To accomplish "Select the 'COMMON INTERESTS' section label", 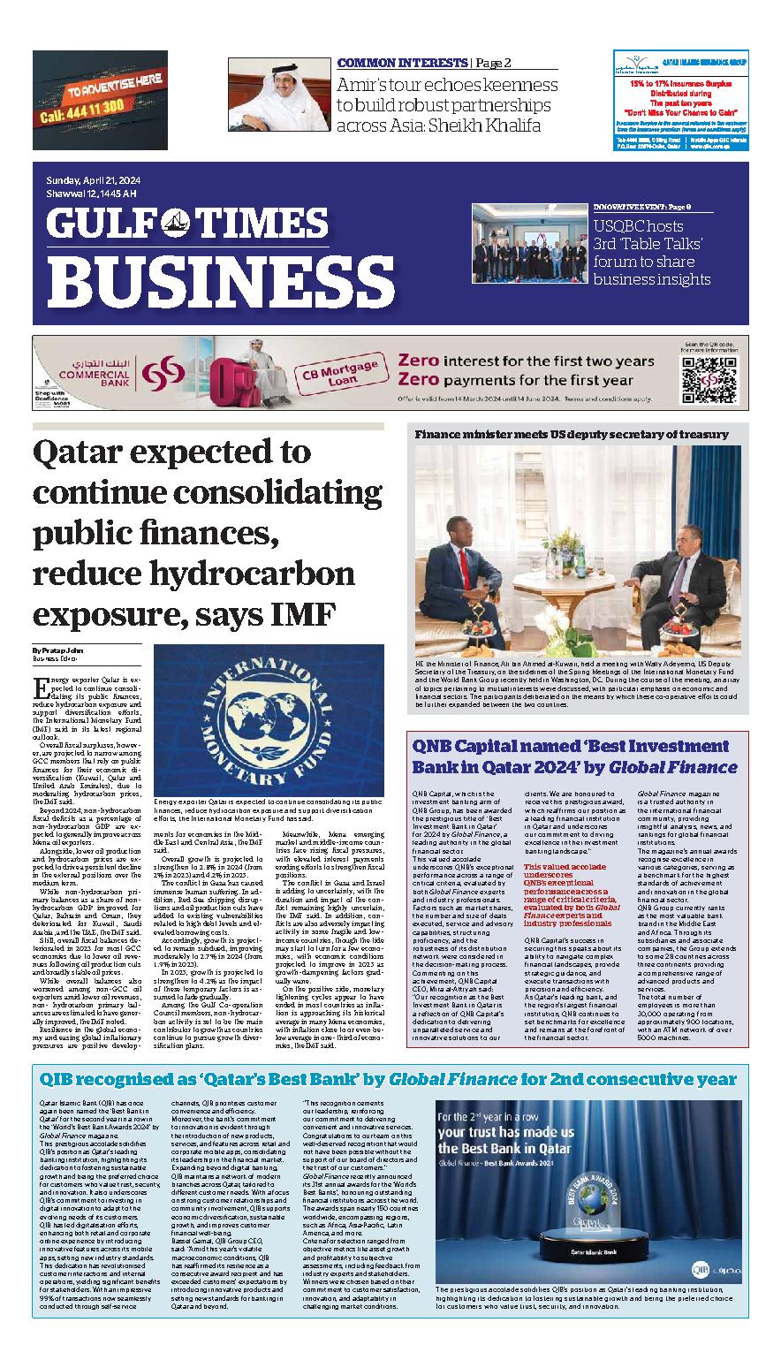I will [402, 64].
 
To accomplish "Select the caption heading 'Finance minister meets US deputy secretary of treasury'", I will [572, 434].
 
